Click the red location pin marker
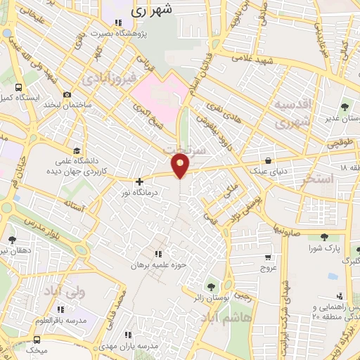point(181,167)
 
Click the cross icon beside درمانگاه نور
point(139,181)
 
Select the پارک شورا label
point(323,248)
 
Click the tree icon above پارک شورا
point(323,237)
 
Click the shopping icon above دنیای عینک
point(268,161)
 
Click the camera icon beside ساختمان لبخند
point(67,95)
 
